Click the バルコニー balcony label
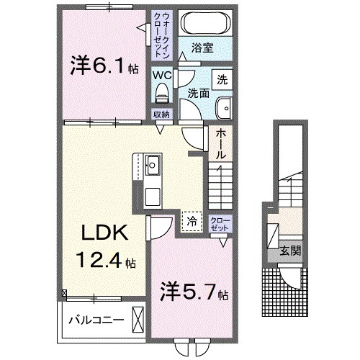click(x=96, y=318)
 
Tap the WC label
click(x=161, y=74)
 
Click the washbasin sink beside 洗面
click(x=224, y=106)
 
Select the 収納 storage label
click(x=161, y=114)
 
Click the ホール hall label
click(x=220, y=143)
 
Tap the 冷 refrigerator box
click(x=192, y=220)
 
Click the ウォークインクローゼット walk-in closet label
click(x=160, y=34)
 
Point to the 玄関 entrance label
click(x=291, y=251)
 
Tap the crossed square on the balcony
click(x=139, y=319)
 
